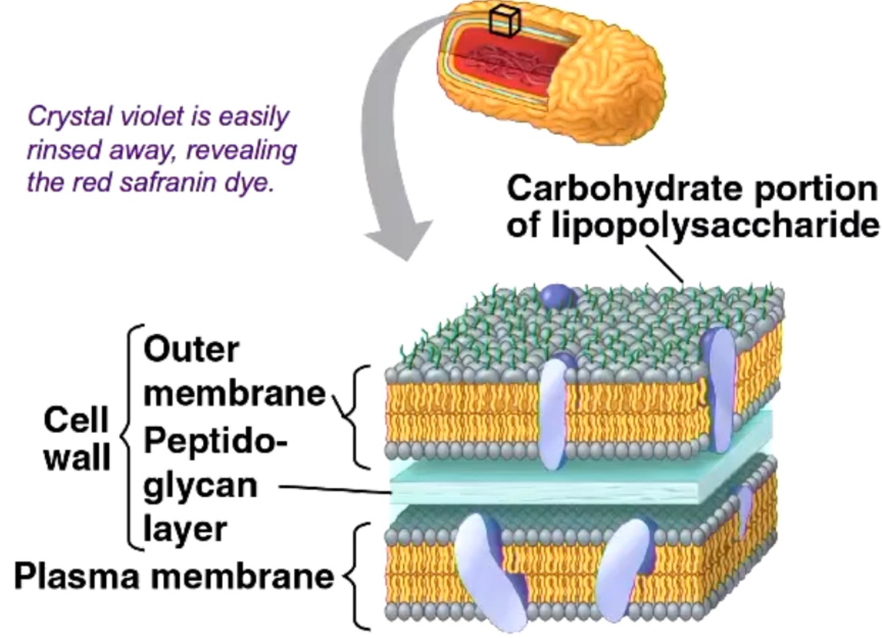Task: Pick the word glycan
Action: pyautogui.click(x=200, y=487)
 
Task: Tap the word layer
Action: pyautogui.click(x=185, y=529)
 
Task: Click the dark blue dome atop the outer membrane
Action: pyautogui.click(x=557, y=296)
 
